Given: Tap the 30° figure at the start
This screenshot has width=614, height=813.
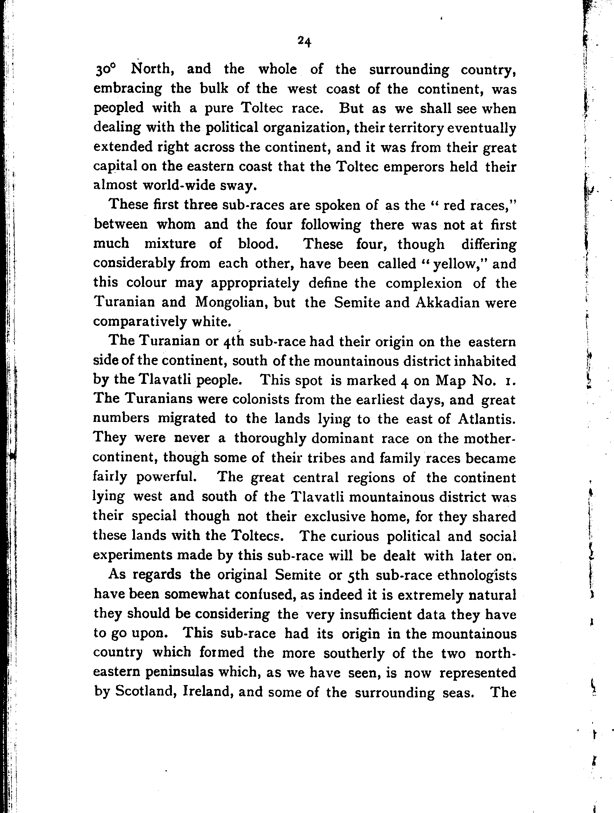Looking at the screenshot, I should click(106, 70).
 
